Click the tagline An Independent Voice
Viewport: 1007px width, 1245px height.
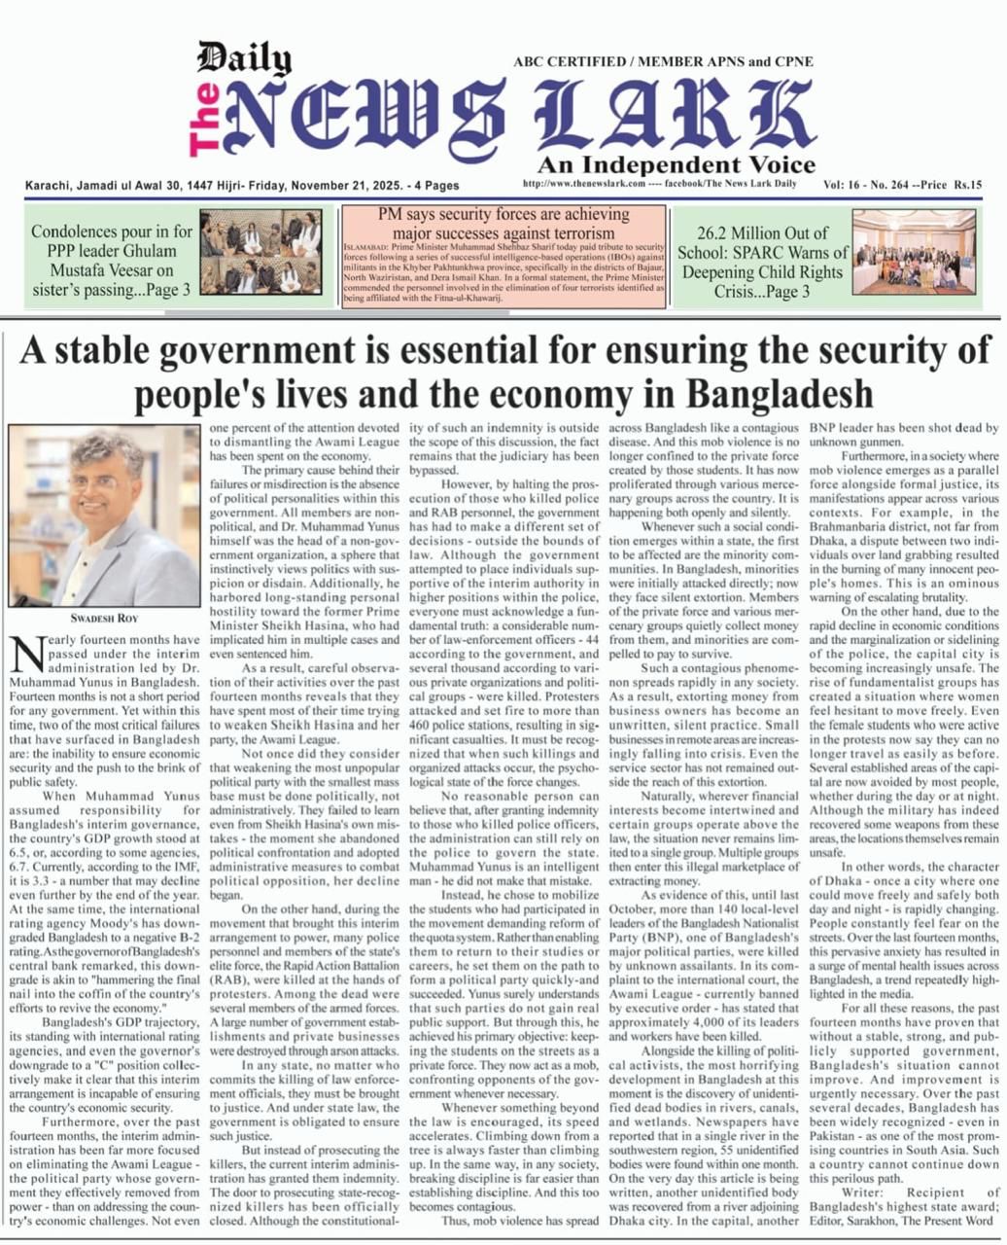coord(676,163)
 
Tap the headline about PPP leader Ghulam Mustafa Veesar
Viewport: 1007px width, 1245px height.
coord(111,261)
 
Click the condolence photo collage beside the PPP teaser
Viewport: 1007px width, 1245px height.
coord(260,251)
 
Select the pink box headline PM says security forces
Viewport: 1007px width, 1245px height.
coord(503,224)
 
